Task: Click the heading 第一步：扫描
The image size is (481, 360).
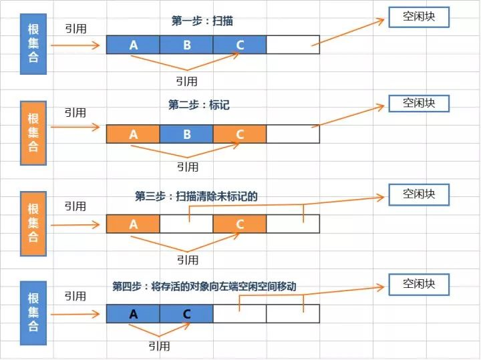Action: pyautogui.click(x=202, y=21)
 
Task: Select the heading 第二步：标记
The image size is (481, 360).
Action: pyautogui.click(x=199, y=105)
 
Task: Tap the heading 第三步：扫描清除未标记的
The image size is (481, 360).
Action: pyautogui.click(x=196, y=196)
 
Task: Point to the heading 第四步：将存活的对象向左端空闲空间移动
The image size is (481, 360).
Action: pyautogui.click(x=204, y=287)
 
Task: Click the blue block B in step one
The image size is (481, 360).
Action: pyautogui.click(x=186, y=45)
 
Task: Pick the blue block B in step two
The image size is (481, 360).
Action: pyautogui.click(x=186, y=134)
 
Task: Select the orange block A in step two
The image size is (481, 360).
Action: pyautogui.click(x=133, y=134)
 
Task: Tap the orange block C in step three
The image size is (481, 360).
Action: pyautogui.click(x=240, y=224)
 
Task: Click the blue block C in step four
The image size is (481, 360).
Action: pyautogui.click(x=186, y=314)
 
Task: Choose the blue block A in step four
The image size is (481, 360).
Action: pyautogui.click(x=133, y=314)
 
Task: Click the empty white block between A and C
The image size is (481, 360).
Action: pyautogui.click(x=186, y=224)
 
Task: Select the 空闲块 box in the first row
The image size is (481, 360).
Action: pyautogui.click(x=419, y=17)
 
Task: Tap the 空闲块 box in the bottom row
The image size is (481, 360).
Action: pyautogui.click(x=419, y=285)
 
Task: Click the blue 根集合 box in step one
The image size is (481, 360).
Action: pyautogui.click(x=33, y=44)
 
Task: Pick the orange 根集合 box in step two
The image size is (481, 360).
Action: pyautogui.click(x=33, y=133)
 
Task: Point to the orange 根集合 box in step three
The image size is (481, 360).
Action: pyautogui.click(x=33, y=224)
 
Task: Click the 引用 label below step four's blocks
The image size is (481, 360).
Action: pyautogui.click(x=159, y=346)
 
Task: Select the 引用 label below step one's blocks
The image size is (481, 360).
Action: pyautogui.click(x=186, y=81)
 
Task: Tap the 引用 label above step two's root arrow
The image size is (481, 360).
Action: pyautogui.click(x=75, y=113)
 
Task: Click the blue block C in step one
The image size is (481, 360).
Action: pyautogui.click(x=240, y=45)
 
